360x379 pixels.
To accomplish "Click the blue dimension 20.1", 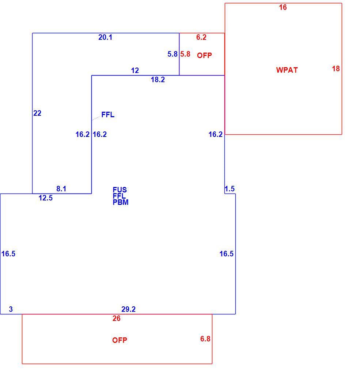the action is point(105,37).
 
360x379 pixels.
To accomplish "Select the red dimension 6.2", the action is point(201,37).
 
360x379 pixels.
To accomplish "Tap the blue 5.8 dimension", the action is point(173,54).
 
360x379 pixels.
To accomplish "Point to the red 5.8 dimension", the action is point(185,54).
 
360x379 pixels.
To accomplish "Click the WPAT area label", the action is point(287,70).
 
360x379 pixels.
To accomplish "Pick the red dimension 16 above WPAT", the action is point(283,7).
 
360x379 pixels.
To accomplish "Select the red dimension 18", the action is point(336,69).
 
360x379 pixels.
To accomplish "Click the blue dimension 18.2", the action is point(158,80).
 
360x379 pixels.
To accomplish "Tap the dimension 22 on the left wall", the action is point(37,113).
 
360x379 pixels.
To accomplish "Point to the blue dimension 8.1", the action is point(61,189).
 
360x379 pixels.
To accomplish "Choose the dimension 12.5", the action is point(45,198).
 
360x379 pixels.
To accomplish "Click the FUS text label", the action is point(120,190).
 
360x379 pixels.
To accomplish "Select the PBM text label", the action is point(121,202).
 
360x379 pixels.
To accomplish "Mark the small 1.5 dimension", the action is point(230,189).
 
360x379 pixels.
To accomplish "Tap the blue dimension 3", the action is point(11,309).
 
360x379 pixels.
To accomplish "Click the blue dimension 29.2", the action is point(129,309).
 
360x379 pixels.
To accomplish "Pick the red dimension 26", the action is point(116,318).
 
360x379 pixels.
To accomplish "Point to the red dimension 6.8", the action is point(205,339).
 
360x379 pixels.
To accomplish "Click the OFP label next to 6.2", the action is point(204,55).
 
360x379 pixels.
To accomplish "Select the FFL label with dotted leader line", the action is point(108,115).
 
